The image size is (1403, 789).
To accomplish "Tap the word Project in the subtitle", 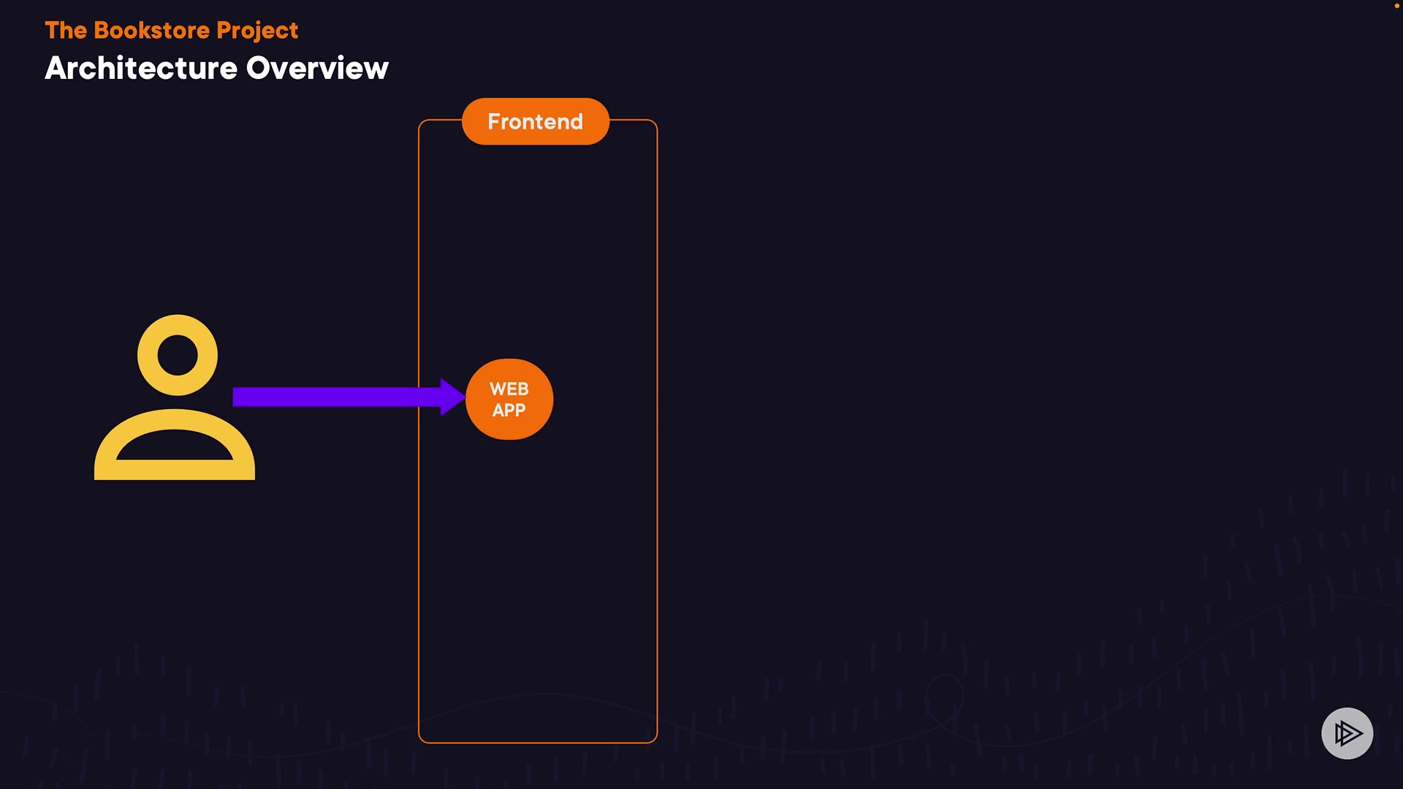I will tap(257, 31).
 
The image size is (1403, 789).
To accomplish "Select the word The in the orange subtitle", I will tap(66, 31).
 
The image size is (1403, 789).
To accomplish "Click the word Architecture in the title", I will tap(141, 69).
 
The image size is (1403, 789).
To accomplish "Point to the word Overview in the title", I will tap(317, 69).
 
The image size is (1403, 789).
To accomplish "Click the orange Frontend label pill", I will tap(536, 121).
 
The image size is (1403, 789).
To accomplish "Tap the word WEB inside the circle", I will tap(509, 389).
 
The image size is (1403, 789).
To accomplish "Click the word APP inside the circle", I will tap(509, 411).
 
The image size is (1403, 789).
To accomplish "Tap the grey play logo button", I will tap(1347, 733).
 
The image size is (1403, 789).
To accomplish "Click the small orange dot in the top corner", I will tap(1397, 6).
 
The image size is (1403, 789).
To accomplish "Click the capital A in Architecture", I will tap(56, 69).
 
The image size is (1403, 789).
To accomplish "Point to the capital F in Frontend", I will tap(495, 121).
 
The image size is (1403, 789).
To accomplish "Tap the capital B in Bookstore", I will tap(103, 31).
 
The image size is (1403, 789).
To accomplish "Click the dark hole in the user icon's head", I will tap(178, 355).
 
